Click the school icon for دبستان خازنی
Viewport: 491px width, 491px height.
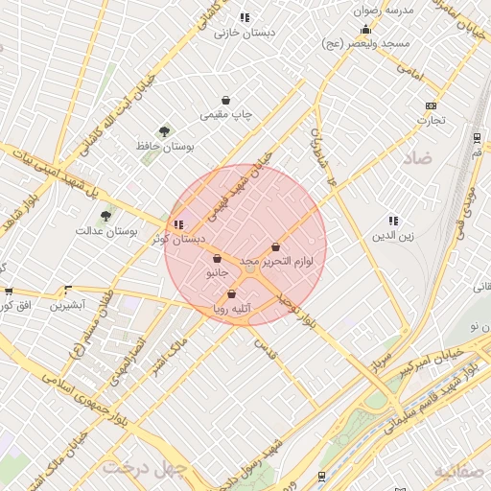click(x=245, y=17)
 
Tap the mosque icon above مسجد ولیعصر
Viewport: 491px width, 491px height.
click(x=366, y=29)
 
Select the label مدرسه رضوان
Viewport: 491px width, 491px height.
click(x=384, y=10)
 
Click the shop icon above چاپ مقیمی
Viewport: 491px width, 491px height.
click(x=225, y=100)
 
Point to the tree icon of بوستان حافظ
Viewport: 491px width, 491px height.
click(x=164, y=131)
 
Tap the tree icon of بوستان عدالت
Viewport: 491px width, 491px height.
click(x=105, y=216)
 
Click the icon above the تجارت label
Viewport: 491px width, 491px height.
click(x=431, y=105)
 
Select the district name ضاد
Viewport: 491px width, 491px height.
click(x=418, y=154)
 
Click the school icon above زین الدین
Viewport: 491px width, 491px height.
click(x=392, y=221)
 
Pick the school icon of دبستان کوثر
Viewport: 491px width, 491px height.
click(x=178, y=224)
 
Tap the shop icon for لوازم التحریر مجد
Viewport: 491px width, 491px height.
click(x=276, y=246)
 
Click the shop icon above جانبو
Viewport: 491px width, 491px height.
click(x=218, y=258)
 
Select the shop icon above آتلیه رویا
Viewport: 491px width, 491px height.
click(x=231, y=294)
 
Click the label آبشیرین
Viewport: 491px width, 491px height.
click(x=68, y=305)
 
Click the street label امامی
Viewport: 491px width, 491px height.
click(x=408, y=71)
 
